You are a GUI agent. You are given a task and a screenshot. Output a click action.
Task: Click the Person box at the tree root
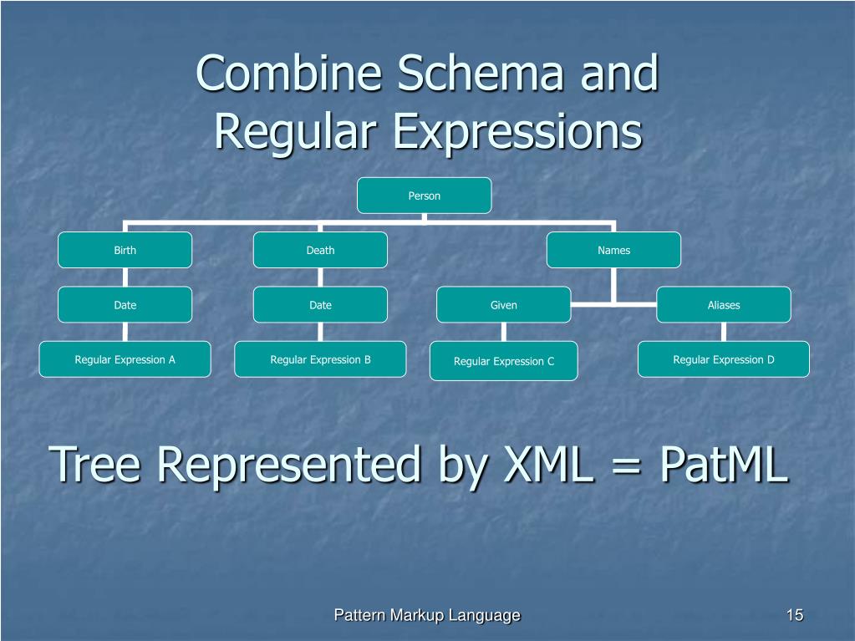coord(424,196)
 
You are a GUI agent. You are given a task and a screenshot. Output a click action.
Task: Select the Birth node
coord(125,250)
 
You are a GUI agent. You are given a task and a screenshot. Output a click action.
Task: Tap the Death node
coord(320,250)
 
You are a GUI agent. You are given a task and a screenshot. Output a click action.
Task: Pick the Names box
coord(613,250)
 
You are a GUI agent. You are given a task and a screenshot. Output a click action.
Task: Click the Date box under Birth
coord(125,305)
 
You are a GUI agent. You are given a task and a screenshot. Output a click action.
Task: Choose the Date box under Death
coord(320,305)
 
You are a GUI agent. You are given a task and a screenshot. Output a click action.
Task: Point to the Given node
coord(503,305)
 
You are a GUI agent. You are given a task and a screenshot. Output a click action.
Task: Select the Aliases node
coord(723,305)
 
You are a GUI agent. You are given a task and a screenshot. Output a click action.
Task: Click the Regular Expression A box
coord(125,359)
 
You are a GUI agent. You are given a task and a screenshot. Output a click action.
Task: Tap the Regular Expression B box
coord(320,359)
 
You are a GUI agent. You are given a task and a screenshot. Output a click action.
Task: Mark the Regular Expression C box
coord(503,361)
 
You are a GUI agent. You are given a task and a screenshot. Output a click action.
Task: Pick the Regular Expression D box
coord(723,359)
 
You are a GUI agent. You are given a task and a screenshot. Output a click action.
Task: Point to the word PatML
coord(723,464)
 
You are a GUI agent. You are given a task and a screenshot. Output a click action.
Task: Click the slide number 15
coord(794,616)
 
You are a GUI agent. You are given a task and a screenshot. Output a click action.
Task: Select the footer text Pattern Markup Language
coord(427,616)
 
